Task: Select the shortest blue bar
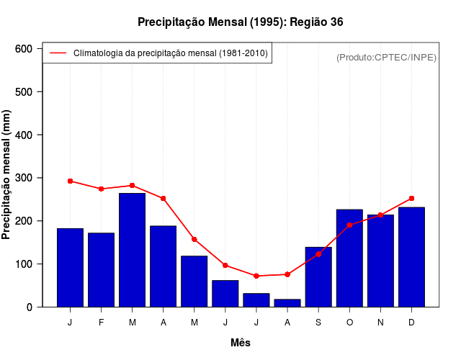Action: point(287,303)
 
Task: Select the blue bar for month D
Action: point(411,257)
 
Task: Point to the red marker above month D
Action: point(411,198)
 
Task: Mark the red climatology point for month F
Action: point(102,189)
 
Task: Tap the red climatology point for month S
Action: point(318,253)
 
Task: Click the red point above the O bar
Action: point(349,225)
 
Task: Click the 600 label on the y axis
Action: point(24,48)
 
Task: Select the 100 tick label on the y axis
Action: point(24,264)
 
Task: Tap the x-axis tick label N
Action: point(380,323)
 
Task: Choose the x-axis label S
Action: point(318,323)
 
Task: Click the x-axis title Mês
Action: point(241,343)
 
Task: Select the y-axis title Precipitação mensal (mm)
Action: point(7,175)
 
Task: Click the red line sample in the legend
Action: point(58,53)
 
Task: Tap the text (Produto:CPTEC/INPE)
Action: point(386,57)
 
